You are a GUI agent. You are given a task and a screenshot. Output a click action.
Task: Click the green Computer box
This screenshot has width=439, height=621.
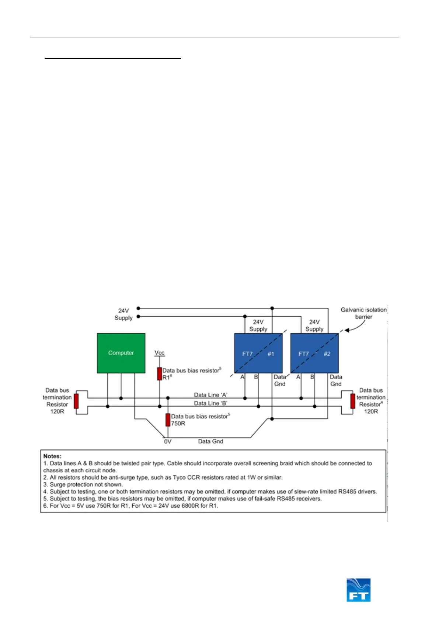click(x=121, y=353)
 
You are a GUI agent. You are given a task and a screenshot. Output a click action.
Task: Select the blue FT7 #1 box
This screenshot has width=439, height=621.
click(x=258, y=353)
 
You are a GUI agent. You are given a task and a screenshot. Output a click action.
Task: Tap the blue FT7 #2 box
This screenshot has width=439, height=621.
click(x=314, y=353)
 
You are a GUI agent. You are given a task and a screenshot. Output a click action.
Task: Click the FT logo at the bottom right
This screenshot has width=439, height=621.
click(x=358, y=590)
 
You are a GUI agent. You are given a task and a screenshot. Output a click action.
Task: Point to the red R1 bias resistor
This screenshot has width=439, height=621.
click(x=160, y=373)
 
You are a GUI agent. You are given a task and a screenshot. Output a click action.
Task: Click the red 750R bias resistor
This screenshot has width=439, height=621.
click(x=168, y=420)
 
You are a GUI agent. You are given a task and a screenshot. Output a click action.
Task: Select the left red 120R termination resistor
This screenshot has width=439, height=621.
click(x=76, y=401)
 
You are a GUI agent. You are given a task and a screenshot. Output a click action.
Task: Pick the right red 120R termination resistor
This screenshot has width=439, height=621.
click(x=353, y=401)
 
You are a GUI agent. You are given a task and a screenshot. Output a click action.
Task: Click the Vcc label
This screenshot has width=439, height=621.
click(x=159, y=353)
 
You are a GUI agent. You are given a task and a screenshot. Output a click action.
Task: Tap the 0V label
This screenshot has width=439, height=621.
click(x=168, y=441)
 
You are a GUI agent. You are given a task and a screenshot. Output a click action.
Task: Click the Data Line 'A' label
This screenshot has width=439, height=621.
click(x=210, y=395)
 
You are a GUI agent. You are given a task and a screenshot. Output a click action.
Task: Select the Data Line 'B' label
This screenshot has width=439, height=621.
click(x=210, y=403)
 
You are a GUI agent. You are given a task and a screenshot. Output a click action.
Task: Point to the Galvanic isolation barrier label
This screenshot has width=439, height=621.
click(x=363, y=313)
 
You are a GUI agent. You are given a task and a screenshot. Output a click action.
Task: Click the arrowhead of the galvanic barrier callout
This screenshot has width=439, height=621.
click(x=346, y=330)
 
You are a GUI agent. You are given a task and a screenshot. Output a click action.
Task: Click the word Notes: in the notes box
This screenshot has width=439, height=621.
click(x=52, y=456)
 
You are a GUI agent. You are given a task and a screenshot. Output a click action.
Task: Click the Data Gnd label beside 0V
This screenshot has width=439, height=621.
click(x=210, y=441)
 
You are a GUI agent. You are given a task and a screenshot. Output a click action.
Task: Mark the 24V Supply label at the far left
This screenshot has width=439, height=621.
click(x=123, y=314)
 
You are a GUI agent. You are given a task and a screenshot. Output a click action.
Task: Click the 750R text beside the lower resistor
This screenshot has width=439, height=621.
click(x=178, y=423)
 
